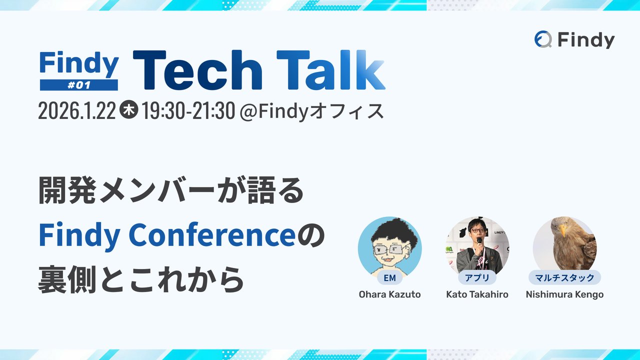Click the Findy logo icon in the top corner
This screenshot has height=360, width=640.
pyautogui.click(x=543, y=39)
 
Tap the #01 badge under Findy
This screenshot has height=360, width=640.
pyautogui.click(x=79, y=85)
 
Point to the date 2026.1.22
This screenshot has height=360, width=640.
pyautogui.click(x=77, y=111)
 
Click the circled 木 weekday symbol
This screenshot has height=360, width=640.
pyautogui.click(x=129, y=111)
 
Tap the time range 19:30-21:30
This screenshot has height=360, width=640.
pyautogui.click(x=188, y=111)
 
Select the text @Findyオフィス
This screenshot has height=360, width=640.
pyautogui.click(x=312, y=111)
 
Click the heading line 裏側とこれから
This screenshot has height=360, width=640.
pyautogui.click(x=141, y=279)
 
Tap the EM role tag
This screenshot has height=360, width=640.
pyautogui.click(x=389, y=277)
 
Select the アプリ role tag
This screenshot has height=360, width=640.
pyautogui.click(x=477, y=277)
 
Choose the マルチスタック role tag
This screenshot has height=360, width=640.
pyautogui.click(x=564, y=277)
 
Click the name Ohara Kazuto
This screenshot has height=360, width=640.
pyautogui.click(x=389, y=294)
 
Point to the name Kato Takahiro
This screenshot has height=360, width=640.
pyautogui.click(x=477, y=294)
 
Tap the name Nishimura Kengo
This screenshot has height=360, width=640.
pyautogui.click(x=564, y=294)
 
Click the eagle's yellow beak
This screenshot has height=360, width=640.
pyautogui.click(x=563, y=230)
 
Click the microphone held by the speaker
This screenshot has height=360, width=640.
pyautogui.click(x=478, y=241)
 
